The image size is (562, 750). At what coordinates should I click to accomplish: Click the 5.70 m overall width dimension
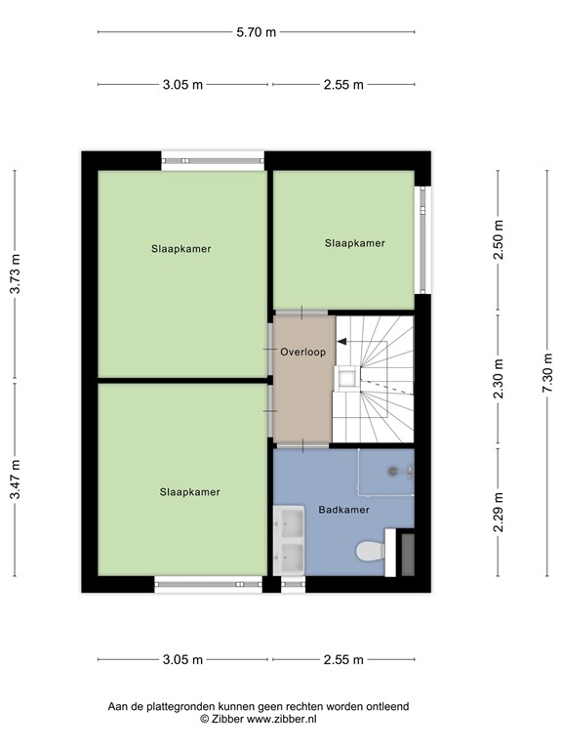[x=257, y=32]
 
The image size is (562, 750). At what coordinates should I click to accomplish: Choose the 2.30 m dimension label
[x=499, y=381]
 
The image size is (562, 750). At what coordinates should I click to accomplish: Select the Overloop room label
[x=302, y=353]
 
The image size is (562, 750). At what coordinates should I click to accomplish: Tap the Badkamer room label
[x=342, y=510]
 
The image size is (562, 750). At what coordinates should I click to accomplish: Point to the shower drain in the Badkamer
[x=392, y=472]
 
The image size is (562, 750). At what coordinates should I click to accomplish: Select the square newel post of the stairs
[x=346, y=378]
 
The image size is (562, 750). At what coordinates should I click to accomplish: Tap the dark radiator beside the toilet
[x=407, y=554]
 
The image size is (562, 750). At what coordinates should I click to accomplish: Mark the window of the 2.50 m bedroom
[x=421, y=239]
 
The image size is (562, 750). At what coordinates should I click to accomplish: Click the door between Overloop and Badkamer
[x=302, y=445]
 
